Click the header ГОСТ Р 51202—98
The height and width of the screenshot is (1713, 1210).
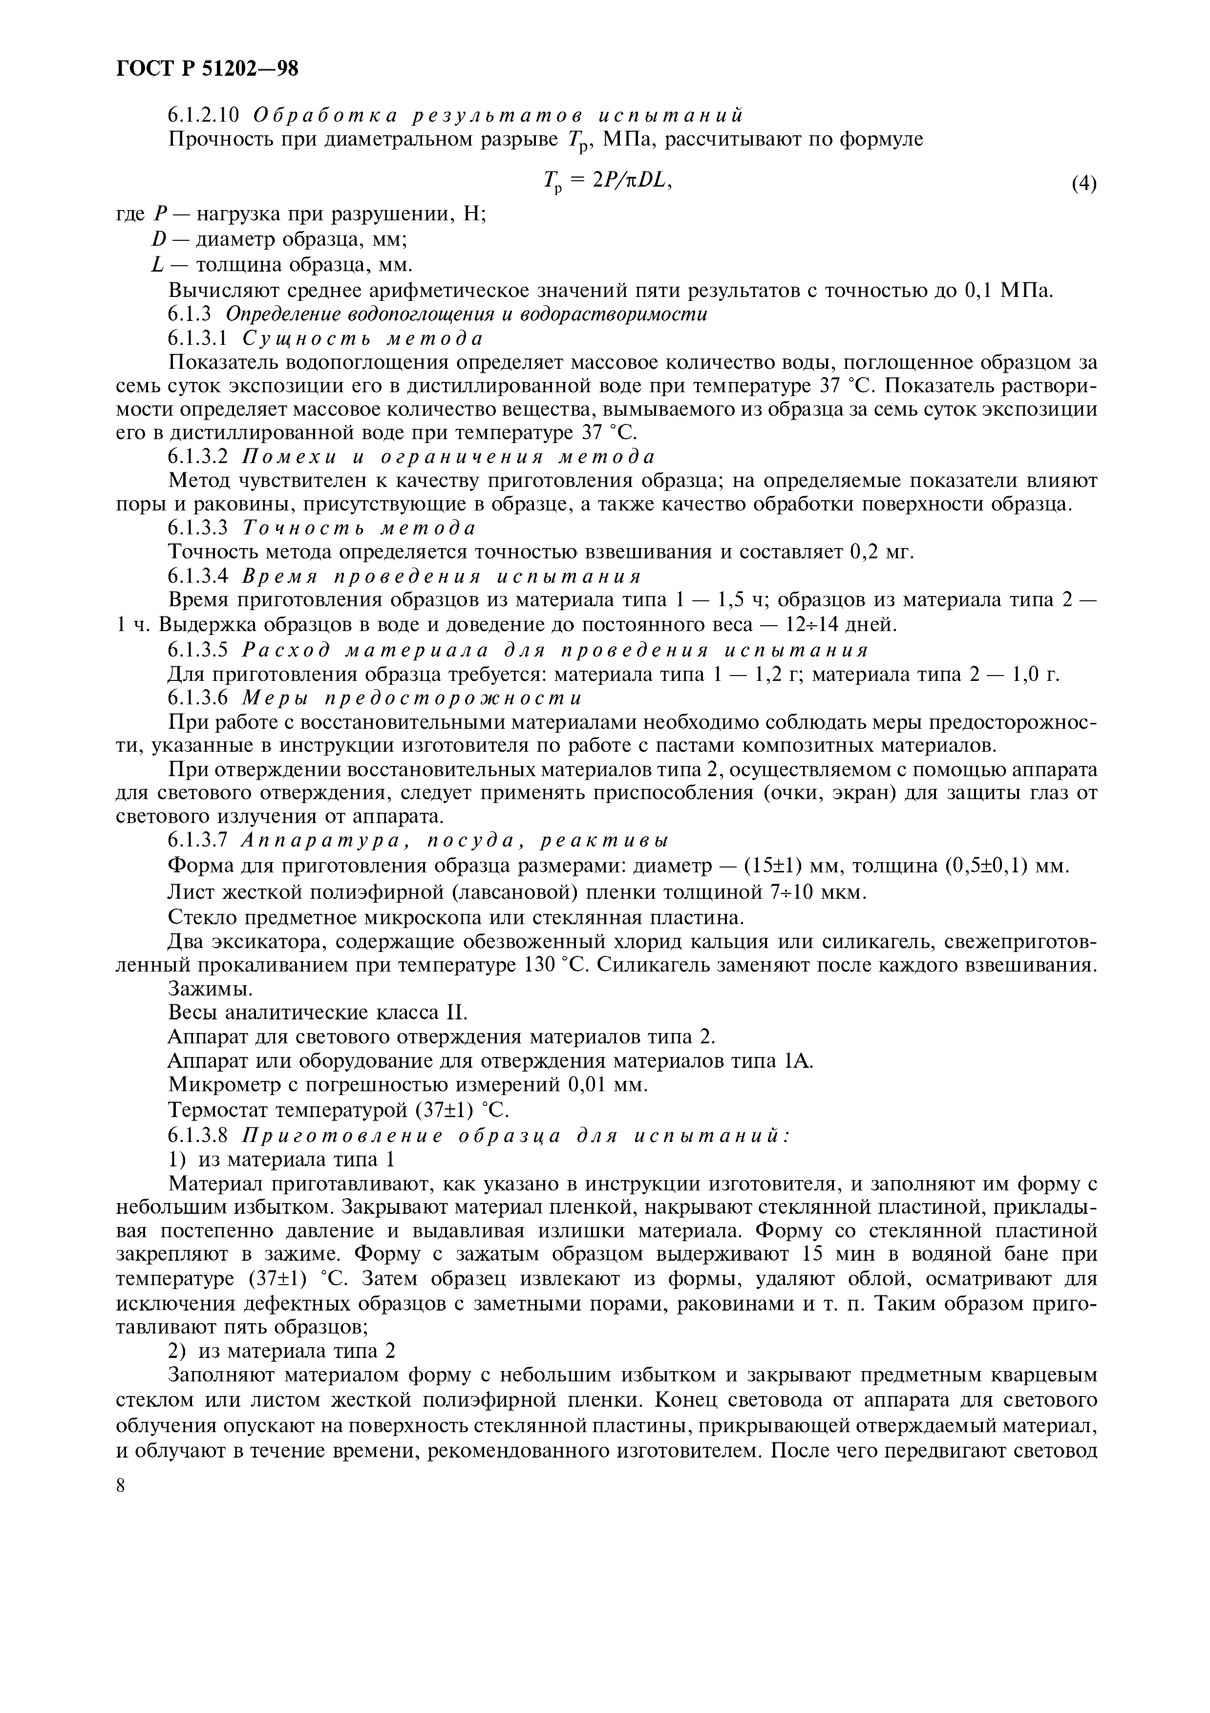(x=208, y=69)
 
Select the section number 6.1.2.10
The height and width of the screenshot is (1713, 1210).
(x=203, y=116)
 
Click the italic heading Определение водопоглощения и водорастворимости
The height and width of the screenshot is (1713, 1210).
(x=467, y=314)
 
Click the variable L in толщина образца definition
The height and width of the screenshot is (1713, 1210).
(x=157, y=266)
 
